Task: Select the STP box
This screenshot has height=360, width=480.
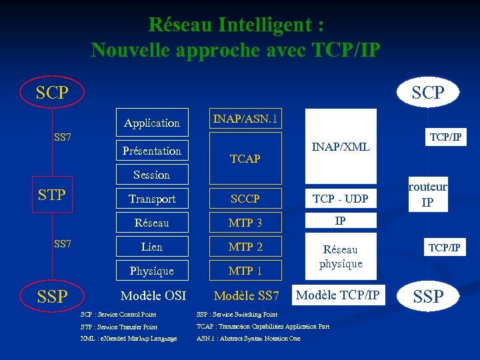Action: click(x=53, y=195)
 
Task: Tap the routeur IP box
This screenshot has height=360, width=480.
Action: click(x=427, y=195)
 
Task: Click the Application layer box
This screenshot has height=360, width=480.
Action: click(x=152, y=123)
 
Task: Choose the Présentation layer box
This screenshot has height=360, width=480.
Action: click(x=152, y=151)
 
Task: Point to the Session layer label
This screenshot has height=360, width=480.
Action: click(x=152, y=175)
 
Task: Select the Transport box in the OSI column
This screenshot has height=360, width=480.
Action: click(x=152, y=199)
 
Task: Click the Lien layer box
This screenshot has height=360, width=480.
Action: click(x=152, y=247)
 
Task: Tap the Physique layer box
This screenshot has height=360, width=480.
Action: click(x=152, y=271)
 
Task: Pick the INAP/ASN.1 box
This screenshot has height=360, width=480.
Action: click(x=245, y=120)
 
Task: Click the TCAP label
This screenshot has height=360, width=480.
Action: click(x=245, y=159)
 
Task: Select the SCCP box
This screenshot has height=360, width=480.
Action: click(x=245, y=199)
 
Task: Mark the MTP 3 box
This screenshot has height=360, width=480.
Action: click(x=245, y=223)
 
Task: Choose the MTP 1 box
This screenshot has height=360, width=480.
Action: click(x=245, y=271)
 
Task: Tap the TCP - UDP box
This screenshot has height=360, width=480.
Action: click(x=341, y=199)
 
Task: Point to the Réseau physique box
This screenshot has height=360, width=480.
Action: click(x=341, y=257)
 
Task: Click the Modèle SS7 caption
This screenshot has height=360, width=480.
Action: click(x=246, y=295)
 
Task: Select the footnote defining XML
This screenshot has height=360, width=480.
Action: click(x=129, y=339)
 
